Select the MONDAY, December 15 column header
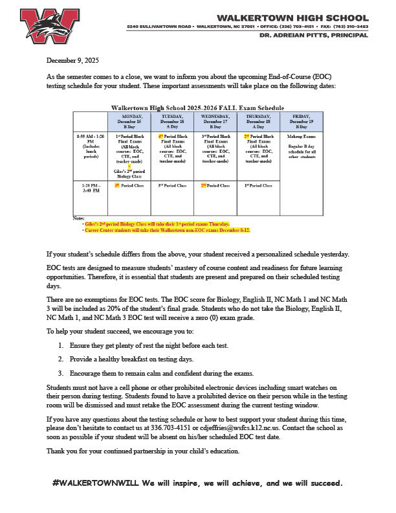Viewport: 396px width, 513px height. pyautogui.click(x=128, y=121)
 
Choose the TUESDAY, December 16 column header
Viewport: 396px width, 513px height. pyautogui.click(x=171, y=121)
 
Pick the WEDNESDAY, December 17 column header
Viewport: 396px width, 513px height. pyautogui.click(x=215, y=121)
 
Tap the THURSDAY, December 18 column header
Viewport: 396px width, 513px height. pyautogui.click(x=258, y=121)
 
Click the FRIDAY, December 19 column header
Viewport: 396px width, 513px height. pyautogui.click(x=302, y=121)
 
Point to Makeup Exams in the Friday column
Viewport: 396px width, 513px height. pyautogui.click(x=302, y=137)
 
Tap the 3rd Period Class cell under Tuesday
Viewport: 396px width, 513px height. pyautogui.click(x=172, y=186)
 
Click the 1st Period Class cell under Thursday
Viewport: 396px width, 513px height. pyautogui.click(x=258, y=186)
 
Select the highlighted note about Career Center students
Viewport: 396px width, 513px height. pyautogui.click(x=166, y=230)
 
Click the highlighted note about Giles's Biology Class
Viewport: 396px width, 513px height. pyautogui.click(x=156, y=223)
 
